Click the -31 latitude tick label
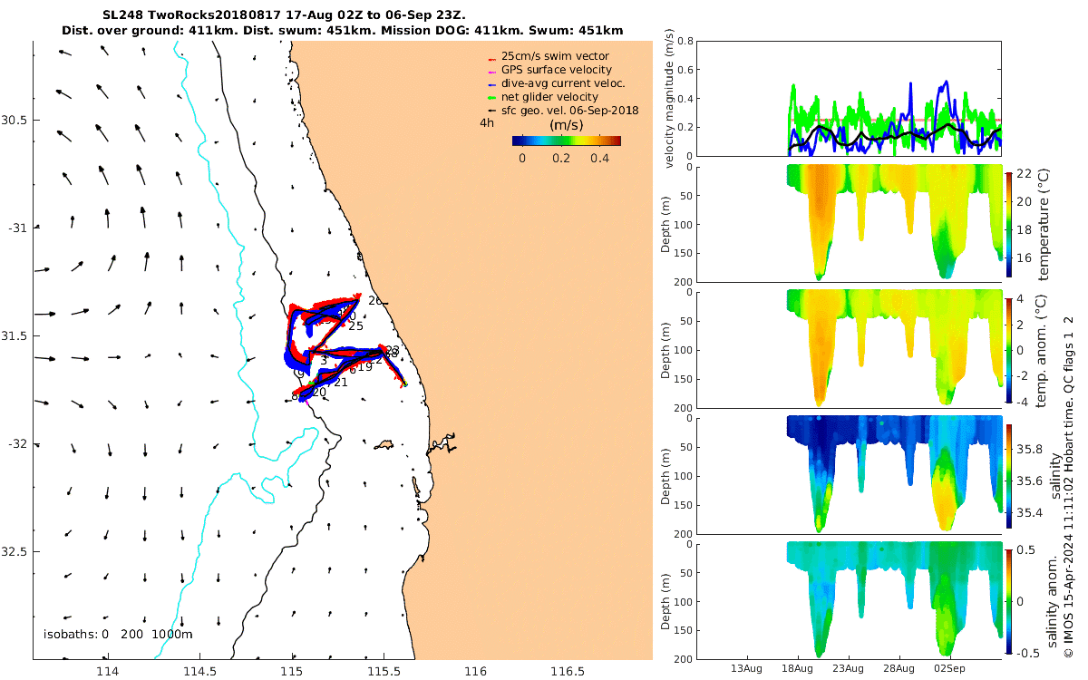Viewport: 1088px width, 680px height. coord(15,228)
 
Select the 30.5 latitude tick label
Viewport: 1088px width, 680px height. coord(15,120)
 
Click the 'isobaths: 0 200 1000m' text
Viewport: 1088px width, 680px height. coord(118,635)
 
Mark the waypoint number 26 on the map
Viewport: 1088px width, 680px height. coord(374,300)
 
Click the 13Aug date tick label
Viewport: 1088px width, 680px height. coord(746,668)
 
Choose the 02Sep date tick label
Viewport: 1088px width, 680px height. coord(950,668)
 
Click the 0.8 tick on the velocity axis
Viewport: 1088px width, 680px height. coord(685,42)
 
